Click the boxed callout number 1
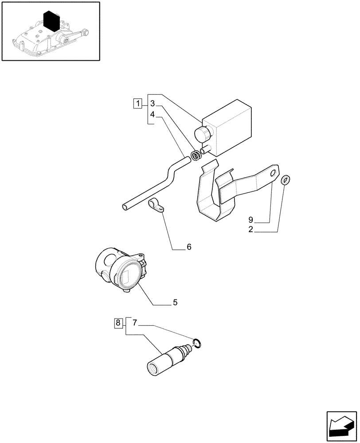pos(138,105)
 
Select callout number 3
pos(152,104)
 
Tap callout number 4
pos(152,114)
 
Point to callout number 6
pos(188,247)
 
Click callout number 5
pos(175,303)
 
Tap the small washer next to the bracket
pos(286,179)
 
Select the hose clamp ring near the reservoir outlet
pos(195,155)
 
